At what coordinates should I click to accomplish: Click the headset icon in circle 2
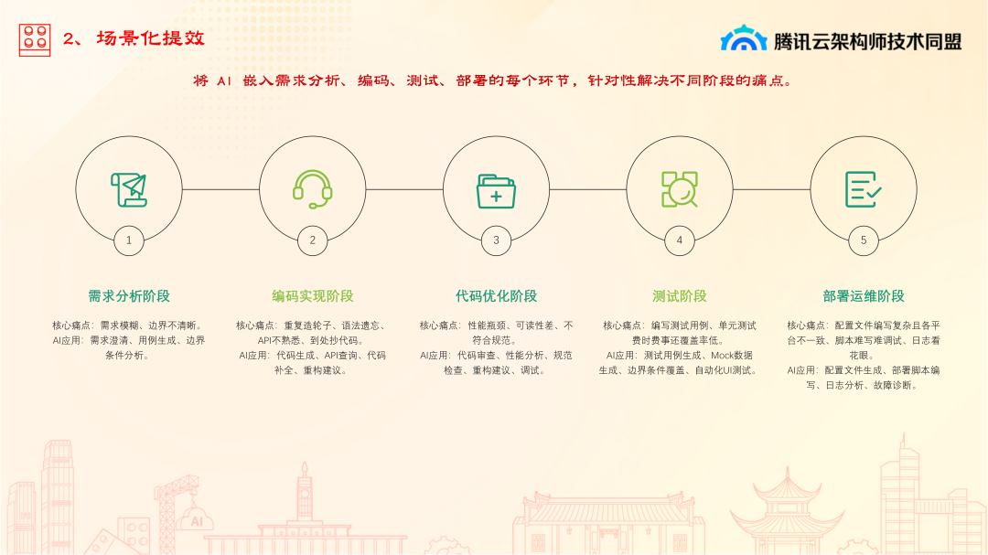coord(313,189)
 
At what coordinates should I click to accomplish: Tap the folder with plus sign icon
coord(496,191)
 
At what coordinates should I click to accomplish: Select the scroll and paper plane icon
coord(129,189)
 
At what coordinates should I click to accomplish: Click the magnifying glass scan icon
coord(679,189)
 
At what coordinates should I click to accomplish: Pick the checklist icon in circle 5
coord(864,189)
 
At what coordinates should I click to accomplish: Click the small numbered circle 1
coord(129,240)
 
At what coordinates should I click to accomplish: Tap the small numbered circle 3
coord(496,240)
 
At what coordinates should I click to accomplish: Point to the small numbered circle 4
coord(679,240)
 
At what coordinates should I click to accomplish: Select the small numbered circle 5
coord(864,240)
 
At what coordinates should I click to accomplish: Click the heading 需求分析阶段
coord(129,296)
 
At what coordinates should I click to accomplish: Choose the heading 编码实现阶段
coord(313,296)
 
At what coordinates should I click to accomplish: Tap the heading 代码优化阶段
coord(496,296)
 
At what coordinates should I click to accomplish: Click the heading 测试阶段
coord(679,296)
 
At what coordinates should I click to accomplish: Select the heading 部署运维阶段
coord(864,296)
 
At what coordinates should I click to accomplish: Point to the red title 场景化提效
coord(151,38)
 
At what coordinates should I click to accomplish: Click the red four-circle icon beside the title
coord(35,39)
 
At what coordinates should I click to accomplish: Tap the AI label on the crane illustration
coord(197,521)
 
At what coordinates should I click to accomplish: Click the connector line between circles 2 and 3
coord(404,189)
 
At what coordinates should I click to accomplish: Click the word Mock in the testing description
coord(722,356)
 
